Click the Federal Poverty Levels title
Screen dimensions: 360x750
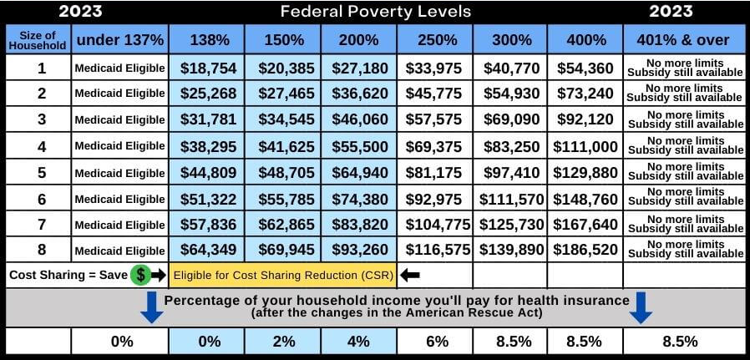tap(375, 12)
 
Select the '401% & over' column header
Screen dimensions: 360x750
tap(684, 39)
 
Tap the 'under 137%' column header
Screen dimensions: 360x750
tap(119, 39)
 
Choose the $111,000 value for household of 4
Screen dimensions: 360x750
tap(585, 146)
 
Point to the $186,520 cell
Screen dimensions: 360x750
tap(585, 250)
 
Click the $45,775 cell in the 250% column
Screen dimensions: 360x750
tap(434, 94)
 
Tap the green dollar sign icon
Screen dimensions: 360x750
tap(142, 275)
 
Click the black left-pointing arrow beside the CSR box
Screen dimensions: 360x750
tap(411, 275)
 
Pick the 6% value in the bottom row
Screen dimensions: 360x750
tap(434, 341)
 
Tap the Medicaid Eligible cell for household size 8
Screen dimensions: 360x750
tap(119, 251)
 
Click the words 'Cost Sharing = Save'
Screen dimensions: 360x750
tap(68, 275)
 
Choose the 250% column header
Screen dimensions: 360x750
tap(434, 39)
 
